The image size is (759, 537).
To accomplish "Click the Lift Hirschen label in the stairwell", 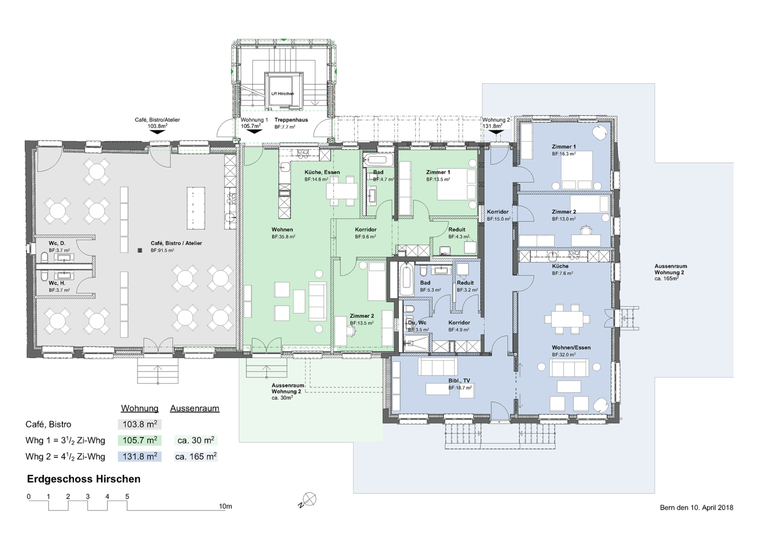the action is [282, 93].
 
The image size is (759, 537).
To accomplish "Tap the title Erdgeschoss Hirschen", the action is [84, 479].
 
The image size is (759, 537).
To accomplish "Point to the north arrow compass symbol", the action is [308, 500].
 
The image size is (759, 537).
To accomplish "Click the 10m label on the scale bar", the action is [225, 506].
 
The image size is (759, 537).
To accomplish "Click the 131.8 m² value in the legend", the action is [140, 456].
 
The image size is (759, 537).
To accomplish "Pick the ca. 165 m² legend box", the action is [196, 456].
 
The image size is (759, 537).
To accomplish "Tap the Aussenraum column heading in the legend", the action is [195, 409].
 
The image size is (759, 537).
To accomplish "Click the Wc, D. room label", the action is [57, 243].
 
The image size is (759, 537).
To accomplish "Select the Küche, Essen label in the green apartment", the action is [322, 172].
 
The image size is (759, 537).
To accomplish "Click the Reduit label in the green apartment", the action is [457, 229].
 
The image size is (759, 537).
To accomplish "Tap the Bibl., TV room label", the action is [459, 381].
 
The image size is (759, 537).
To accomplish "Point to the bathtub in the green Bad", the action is [378, 159].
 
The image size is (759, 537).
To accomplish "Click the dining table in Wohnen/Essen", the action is [567, 319].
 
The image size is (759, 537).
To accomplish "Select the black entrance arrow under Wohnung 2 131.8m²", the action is [496, 132].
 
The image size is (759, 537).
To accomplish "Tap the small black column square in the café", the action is [139, 251].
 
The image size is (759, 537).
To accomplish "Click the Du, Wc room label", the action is [417, 323].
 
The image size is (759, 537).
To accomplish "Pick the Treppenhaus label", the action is [291, 120].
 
